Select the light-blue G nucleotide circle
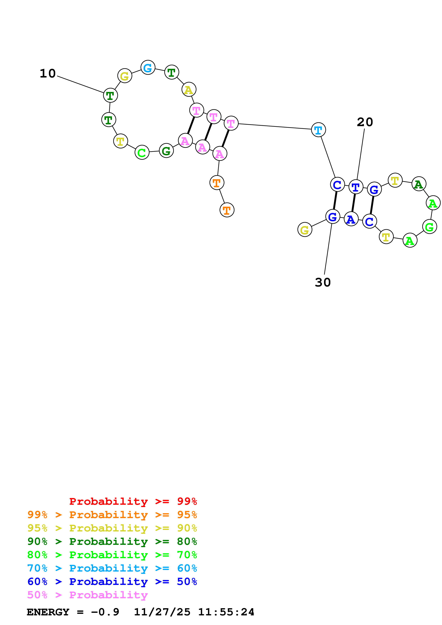(148, 68)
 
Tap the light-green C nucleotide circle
(142, 153)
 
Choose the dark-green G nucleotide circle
(166, 151)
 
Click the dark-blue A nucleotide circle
(351, 219)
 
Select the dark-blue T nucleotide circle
(356, 187)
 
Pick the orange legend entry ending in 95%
(112, 515)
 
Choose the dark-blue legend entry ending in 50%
(112, 582)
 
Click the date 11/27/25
(162, 612)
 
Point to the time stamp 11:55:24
(226, 612)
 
